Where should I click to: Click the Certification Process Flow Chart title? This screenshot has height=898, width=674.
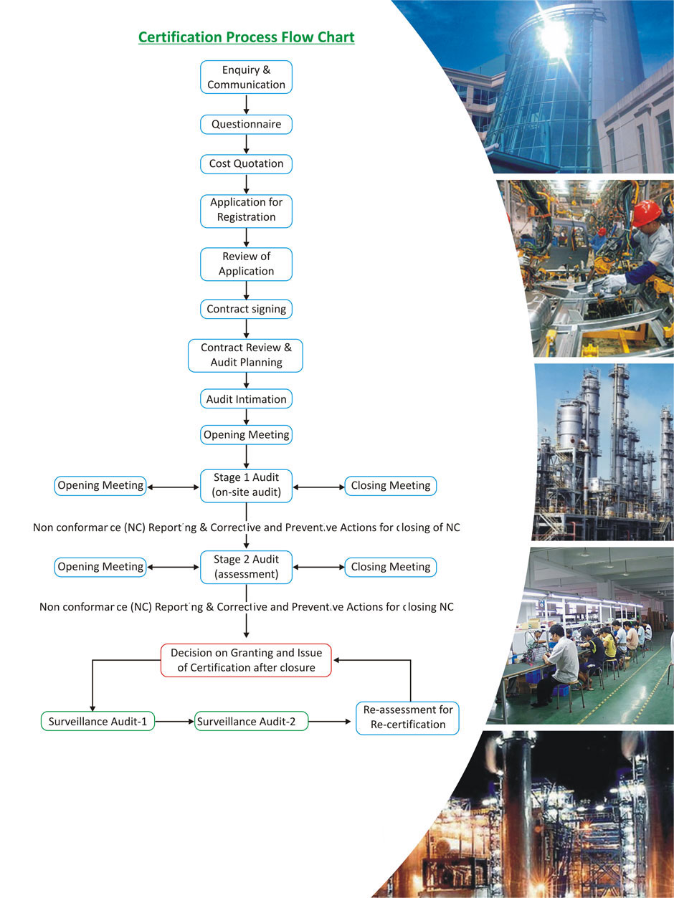[246, 37]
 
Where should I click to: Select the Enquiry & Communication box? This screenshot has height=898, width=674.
[246, 77]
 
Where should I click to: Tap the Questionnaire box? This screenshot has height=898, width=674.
[246, 125]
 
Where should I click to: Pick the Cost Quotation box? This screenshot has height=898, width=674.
[246, 163]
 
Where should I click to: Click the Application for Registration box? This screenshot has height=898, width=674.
[246, 210]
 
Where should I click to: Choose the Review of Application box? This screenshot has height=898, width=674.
[246, 263]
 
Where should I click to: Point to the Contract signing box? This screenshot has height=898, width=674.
[246, 310]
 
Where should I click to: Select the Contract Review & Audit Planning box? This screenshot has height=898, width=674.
[246, 355]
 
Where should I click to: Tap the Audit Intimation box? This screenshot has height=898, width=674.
[246, 399]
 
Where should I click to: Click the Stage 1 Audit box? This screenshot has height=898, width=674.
[246, 485]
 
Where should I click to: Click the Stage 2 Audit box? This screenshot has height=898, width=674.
[246, 566]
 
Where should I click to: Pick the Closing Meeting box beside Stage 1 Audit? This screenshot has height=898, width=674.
[390, 485]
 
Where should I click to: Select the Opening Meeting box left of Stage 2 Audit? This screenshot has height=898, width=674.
[100, 566]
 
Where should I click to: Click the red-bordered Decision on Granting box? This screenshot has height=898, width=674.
[246, 660]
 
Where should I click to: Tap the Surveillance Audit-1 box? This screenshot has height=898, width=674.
[98, 721]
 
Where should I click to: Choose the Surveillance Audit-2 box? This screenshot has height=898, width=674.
[251, 721]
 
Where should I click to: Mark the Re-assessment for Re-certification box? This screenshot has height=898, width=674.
[407, 717]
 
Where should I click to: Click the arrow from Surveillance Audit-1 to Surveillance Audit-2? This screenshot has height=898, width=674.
[175, 721]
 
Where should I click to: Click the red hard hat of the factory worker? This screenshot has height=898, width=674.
[645, 213]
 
